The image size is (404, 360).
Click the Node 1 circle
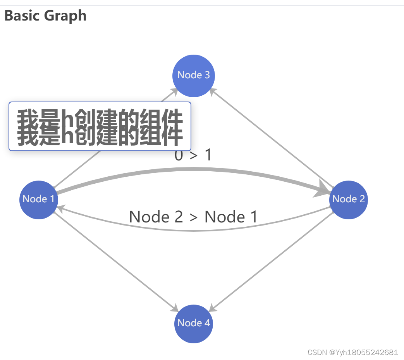tap(39, 200)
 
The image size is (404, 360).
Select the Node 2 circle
tap(348, 200)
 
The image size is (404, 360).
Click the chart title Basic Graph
tap(45, 16)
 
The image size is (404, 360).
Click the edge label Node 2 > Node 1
tap(193, 217)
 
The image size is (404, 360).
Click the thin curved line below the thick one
tap(194, 231)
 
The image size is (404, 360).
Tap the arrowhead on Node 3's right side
tap(213, 91)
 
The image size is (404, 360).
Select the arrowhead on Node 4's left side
tap(175, 308)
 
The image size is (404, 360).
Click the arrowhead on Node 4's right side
tap(213, 308)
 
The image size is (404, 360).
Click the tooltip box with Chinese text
tap(100, 126)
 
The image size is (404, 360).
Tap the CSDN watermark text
tap(352, 352)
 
